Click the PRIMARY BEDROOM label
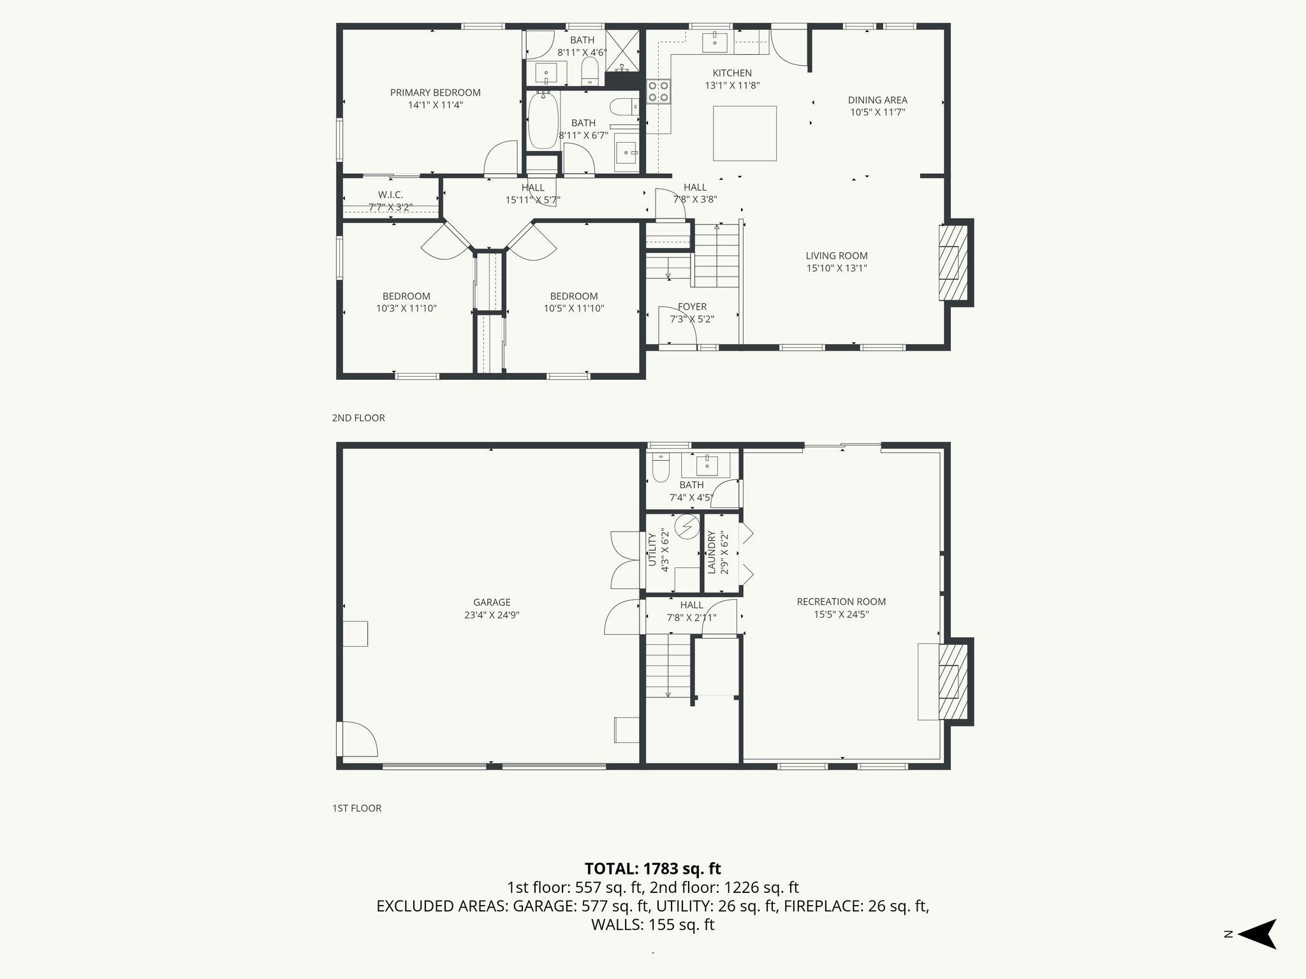coord(435,93)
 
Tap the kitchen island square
coord(744,133)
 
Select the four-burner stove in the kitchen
coord(659,91)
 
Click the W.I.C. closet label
coord(390,195)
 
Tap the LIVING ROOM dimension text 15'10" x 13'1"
coord(836,268)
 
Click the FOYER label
coord(692,307)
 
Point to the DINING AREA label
coord(877,100)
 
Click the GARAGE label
coord(492,602)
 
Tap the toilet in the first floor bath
coord(660,468)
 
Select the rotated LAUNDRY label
coord(712,552)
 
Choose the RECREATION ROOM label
coord(841,602)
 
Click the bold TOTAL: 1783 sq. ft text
coord(652,869)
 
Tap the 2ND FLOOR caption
coord(358,418)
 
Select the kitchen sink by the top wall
coord(715,42)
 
